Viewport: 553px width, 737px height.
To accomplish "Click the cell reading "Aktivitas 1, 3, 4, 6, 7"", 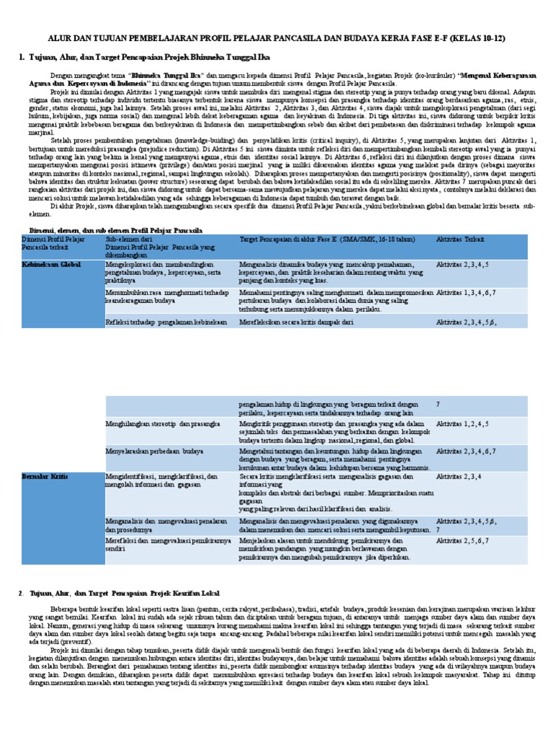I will click(467, 292).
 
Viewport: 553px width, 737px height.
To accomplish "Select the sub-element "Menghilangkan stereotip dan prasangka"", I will click(163, 425).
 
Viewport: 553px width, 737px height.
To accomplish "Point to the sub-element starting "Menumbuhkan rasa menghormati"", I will click(161, 297).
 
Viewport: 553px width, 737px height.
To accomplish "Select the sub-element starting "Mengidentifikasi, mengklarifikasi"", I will click(161, 481).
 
